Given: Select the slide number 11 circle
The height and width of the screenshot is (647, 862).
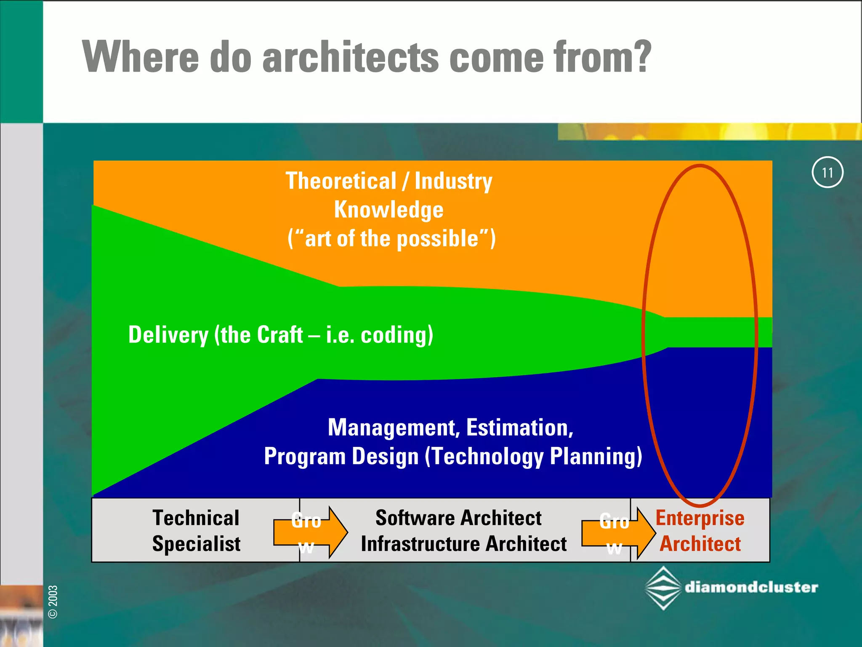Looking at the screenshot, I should pyautogui.click(x=827, y=172).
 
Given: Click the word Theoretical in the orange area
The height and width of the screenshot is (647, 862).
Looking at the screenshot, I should pyautogui.click(x=341, y=181).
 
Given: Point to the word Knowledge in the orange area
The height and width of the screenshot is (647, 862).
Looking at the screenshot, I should pyautogui.click(x=388, y=210).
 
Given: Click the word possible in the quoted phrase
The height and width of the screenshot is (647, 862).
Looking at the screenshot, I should pyautogui.click(x=438, y=239).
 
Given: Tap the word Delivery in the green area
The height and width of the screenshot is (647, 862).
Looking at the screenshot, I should pyautogui.click(x=168, y=335).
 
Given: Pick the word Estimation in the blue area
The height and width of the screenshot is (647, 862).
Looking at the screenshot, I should pyautogui.click(x=519, y=428).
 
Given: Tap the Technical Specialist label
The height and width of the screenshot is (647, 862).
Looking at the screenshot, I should pyautogui.click(x=196, y=530).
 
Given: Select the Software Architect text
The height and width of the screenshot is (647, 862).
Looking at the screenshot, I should pyautogui.click(x=458, y=518).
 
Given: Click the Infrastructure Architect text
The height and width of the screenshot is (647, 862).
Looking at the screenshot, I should pyautogui.click(x=463, y=544).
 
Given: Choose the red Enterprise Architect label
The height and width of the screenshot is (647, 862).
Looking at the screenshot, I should pyautogui.click(x=700, y=531).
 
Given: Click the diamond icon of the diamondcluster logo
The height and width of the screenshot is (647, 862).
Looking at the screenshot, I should pyautogui.click(x=663, y=588).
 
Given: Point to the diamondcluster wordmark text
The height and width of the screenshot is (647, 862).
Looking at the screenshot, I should pyautogui.click(x=751, y=587).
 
